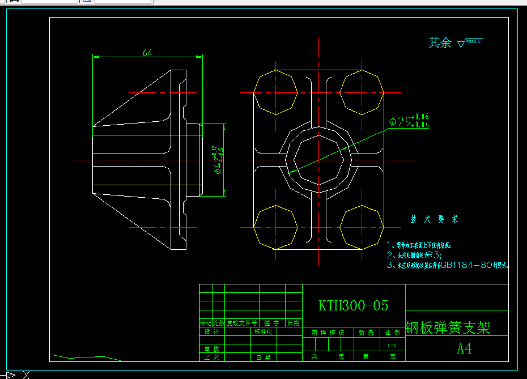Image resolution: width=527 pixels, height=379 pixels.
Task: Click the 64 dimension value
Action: click(147, 52)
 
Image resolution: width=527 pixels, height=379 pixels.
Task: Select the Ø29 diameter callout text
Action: click(409, 121)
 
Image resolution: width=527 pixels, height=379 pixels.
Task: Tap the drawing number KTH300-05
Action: click(354, 306)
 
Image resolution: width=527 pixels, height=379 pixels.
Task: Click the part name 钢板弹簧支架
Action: click(448, 327)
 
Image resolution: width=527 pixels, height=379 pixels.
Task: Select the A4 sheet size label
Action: click(464, 348)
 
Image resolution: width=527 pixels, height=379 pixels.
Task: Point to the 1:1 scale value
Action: click(391, 345)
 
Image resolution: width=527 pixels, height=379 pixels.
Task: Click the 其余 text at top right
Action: click(440, 42)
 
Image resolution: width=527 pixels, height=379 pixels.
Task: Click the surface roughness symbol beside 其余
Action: click(469, 42)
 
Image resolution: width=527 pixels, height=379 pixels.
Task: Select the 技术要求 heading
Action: click(434, 219)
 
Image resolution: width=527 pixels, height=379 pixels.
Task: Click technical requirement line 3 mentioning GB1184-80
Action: click(448, 265)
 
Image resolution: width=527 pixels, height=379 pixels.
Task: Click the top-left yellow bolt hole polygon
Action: click(275, 91)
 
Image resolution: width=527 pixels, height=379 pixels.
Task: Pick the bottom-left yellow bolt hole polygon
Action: click(275, 227)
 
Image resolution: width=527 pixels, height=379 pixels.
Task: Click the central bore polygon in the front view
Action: click(319, 159)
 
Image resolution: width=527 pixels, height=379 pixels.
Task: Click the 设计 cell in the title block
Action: click(211, 332)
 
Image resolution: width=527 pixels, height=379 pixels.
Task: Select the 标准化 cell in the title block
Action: click(263, 332)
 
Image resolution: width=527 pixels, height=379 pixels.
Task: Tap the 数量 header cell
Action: click(366, 333)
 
